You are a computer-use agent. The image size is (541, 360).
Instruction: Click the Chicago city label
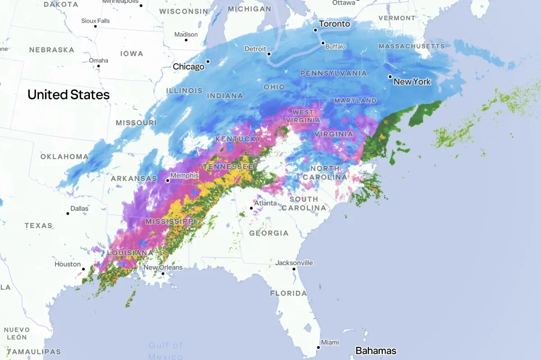tap(188, 67)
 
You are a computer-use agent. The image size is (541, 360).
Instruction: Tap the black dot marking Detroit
tap(269, 54)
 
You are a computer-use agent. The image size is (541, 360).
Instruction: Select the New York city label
tap(412, 82)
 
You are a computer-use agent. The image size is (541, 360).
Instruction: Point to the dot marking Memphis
tap(167, 180)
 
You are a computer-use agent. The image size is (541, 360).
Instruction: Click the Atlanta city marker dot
tap(252, 208)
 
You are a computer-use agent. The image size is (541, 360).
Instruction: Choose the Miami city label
tap(330, 342)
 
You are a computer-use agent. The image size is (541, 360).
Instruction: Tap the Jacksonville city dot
tap(293, 269)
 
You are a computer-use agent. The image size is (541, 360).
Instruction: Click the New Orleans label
tap(163, 267)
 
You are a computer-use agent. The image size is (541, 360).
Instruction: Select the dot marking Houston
tap(83, 269)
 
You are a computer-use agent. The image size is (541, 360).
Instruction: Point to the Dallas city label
tap(79, 208)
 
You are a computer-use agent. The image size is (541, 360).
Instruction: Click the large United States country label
tap(69, 95)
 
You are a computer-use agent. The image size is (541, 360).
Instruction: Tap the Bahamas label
tap(376, 351)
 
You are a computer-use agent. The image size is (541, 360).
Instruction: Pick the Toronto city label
tap(334, 24)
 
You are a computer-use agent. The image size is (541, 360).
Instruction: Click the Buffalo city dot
tap(323, 43)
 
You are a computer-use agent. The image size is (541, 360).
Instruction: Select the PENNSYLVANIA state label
tap(333, 73)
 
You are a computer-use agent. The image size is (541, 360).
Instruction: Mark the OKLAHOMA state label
tap(64, 157)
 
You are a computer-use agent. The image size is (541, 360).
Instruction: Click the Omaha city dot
tap(98, 66)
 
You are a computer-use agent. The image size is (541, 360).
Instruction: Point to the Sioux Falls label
tap(95, 21)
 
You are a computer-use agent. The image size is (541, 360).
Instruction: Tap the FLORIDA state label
tap(288, 293)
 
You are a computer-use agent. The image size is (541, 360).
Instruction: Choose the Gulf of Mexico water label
tap(165, 351)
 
